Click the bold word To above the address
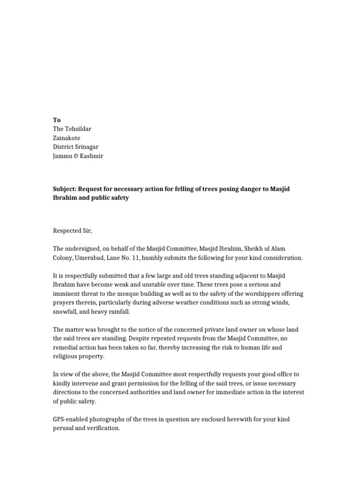pyautogui.click(x=57, y=120)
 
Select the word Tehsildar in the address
pyautogui.click(x=82, y=129)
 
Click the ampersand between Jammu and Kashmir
pyautogui.click(x=77, y=156)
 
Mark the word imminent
pyautogui.click(x=67, y=294)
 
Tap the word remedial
pyautogui.click(x=66, y=348)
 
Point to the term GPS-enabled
pyautogui.click(x=73, y=420)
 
